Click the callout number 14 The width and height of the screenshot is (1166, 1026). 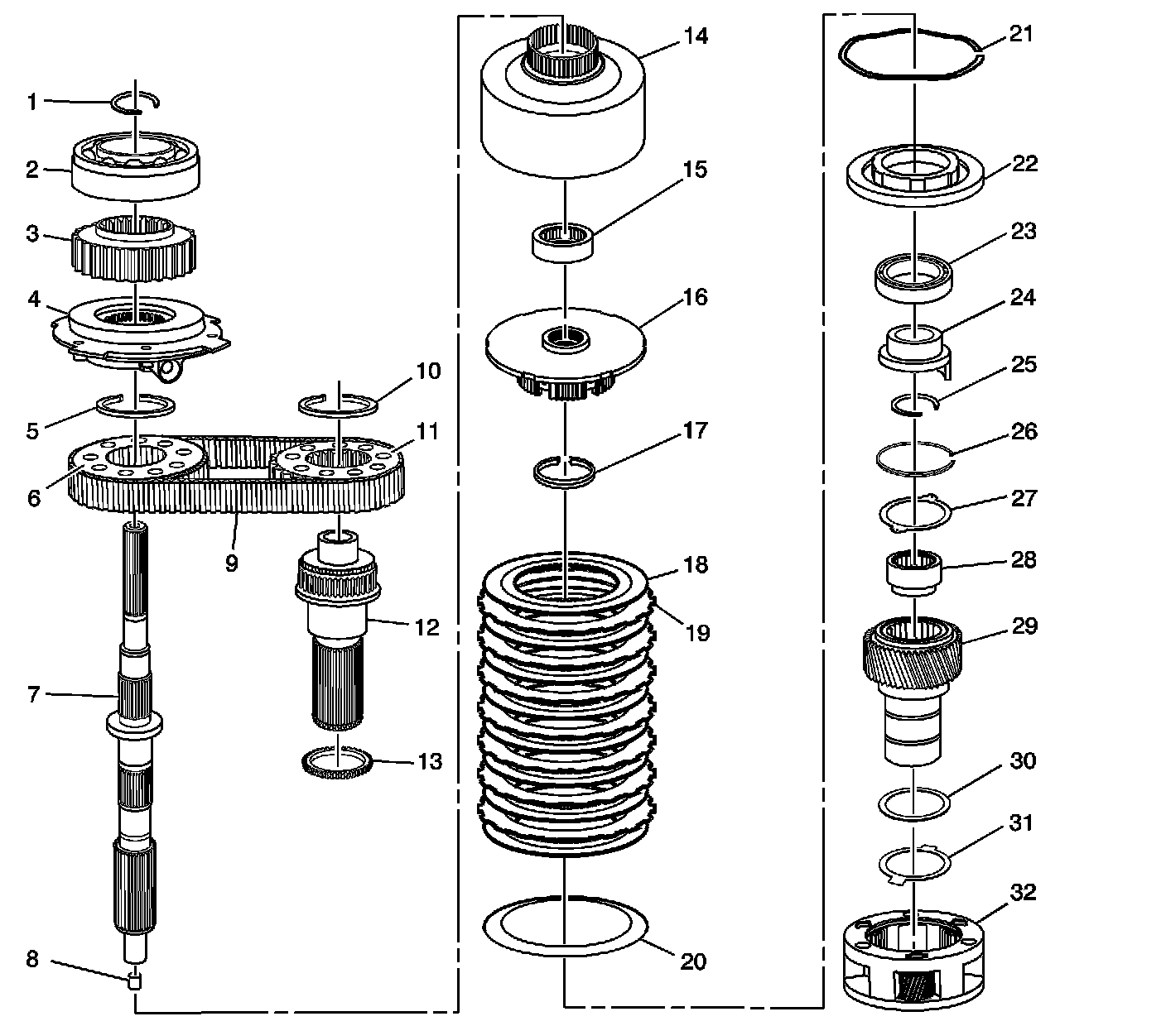(695, 36)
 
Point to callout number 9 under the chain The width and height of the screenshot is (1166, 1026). (231, 563)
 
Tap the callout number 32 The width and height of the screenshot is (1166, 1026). (1024, 893)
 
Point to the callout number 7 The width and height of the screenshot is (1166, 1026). (33, 694)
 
